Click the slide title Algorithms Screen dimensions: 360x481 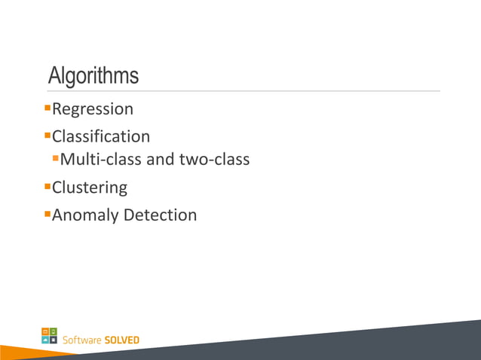coord(93,76)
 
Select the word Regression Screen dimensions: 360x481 coord(93,110)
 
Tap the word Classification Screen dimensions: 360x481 coord(101,137)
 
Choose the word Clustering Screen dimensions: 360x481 coord(90,188)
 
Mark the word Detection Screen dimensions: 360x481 coord(160,215)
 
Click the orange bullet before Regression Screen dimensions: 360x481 coord(47,108)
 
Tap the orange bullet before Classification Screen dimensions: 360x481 coord(47,135)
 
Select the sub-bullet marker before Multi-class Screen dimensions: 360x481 coord(55,158)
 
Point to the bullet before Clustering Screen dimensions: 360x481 coord(47,185)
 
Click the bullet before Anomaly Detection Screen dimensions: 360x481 coord(47,213)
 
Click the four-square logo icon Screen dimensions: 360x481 coord(49,335)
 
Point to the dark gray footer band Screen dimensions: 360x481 coord(377,343)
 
